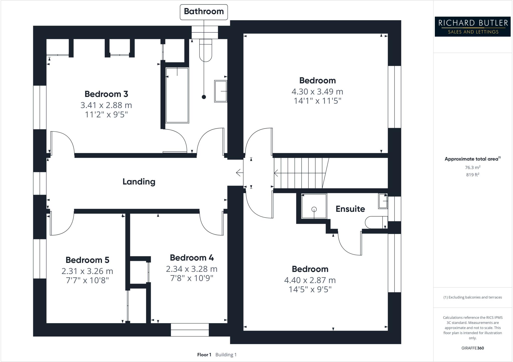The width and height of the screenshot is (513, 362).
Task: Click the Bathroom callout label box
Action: [204, 12]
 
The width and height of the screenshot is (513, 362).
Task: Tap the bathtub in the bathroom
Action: [177, 95]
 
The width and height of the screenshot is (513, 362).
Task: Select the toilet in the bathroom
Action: [206, 50]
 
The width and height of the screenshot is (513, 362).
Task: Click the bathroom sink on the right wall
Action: [221, 91]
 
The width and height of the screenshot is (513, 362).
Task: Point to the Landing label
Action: [139, 182]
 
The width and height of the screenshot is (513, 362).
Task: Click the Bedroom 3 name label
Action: [106, 94]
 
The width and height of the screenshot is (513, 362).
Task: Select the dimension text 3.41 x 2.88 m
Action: [106, 105]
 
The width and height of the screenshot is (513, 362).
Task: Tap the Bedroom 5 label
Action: [87, 260]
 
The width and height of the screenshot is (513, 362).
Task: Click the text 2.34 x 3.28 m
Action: [192, 269]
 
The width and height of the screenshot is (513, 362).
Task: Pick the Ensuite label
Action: [350, 209]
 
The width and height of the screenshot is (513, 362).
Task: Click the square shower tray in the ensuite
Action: [314, 206]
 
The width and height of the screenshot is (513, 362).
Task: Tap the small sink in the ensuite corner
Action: [383, 201]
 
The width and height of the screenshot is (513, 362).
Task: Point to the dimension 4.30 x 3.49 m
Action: [317, 92]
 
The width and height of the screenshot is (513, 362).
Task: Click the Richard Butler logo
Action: [473, 27]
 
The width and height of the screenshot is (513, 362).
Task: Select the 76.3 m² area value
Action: [473, 167]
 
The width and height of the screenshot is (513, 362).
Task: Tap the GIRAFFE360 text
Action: [473, 348]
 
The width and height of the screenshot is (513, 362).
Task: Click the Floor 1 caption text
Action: [204, 355]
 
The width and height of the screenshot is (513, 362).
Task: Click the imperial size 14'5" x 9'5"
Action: [310, 290]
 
